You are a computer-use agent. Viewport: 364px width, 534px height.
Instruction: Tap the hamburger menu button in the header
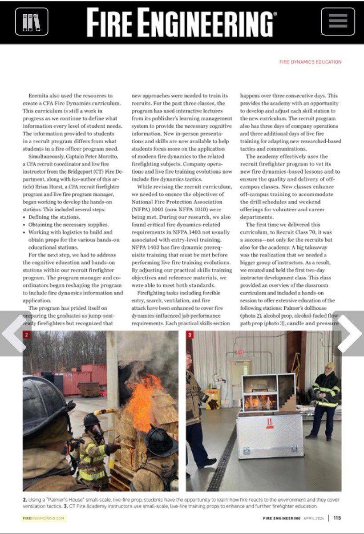(x=338, y=21)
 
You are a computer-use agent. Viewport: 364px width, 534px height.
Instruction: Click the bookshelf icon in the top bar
(x=31, y=21)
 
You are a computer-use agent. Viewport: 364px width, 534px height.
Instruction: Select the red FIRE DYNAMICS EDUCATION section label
(x=310, y=62)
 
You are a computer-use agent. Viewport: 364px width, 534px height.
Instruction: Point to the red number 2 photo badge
(x=27, y=335)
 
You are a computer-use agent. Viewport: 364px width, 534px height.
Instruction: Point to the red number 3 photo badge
(x=190, y=335)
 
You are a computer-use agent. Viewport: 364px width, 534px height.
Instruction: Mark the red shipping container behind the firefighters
(x=89, y=378)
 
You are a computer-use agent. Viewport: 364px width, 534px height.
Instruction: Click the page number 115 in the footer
(x=337, y=518)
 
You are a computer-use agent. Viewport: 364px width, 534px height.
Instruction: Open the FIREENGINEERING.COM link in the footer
(x=44, y=518)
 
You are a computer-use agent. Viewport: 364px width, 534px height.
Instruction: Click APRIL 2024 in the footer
(x=314, y=518)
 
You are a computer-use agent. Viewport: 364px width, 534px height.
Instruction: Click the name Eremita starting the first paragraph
(x=39, y=96)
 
